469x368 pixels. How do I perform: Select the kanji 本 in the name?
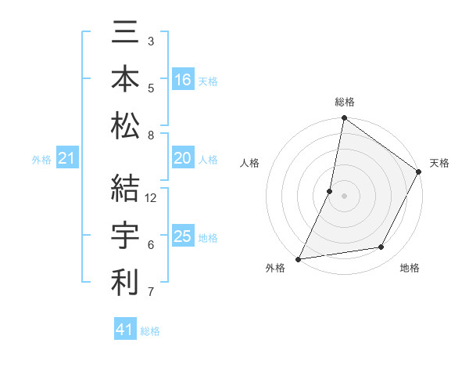point(125,81)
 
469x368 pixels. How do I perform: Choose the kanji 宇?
point(125,235)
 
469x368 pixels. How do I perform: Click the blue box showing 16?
point(183,80)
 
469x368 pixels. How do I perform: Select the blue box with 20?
point(183,158)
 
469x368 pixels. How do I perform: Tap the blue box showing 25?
point(183,236)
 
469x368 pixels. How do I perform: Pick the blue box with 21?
point(67,159)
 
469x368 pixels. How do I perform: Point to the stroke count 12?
point(152,198)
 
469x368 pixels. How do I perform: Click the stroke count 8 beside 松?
point(152,135)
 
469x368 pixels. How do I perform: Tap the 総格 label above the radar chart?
point(345,102)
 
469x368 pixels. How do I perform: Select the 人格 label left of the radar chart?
point(250,163)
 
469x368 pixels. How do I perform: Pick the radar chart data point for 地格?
point(381,247)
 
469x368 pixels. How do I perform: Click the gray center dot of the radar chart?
point(344,196)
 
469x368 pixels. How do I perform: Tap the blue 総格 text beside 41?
point(150,330)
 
